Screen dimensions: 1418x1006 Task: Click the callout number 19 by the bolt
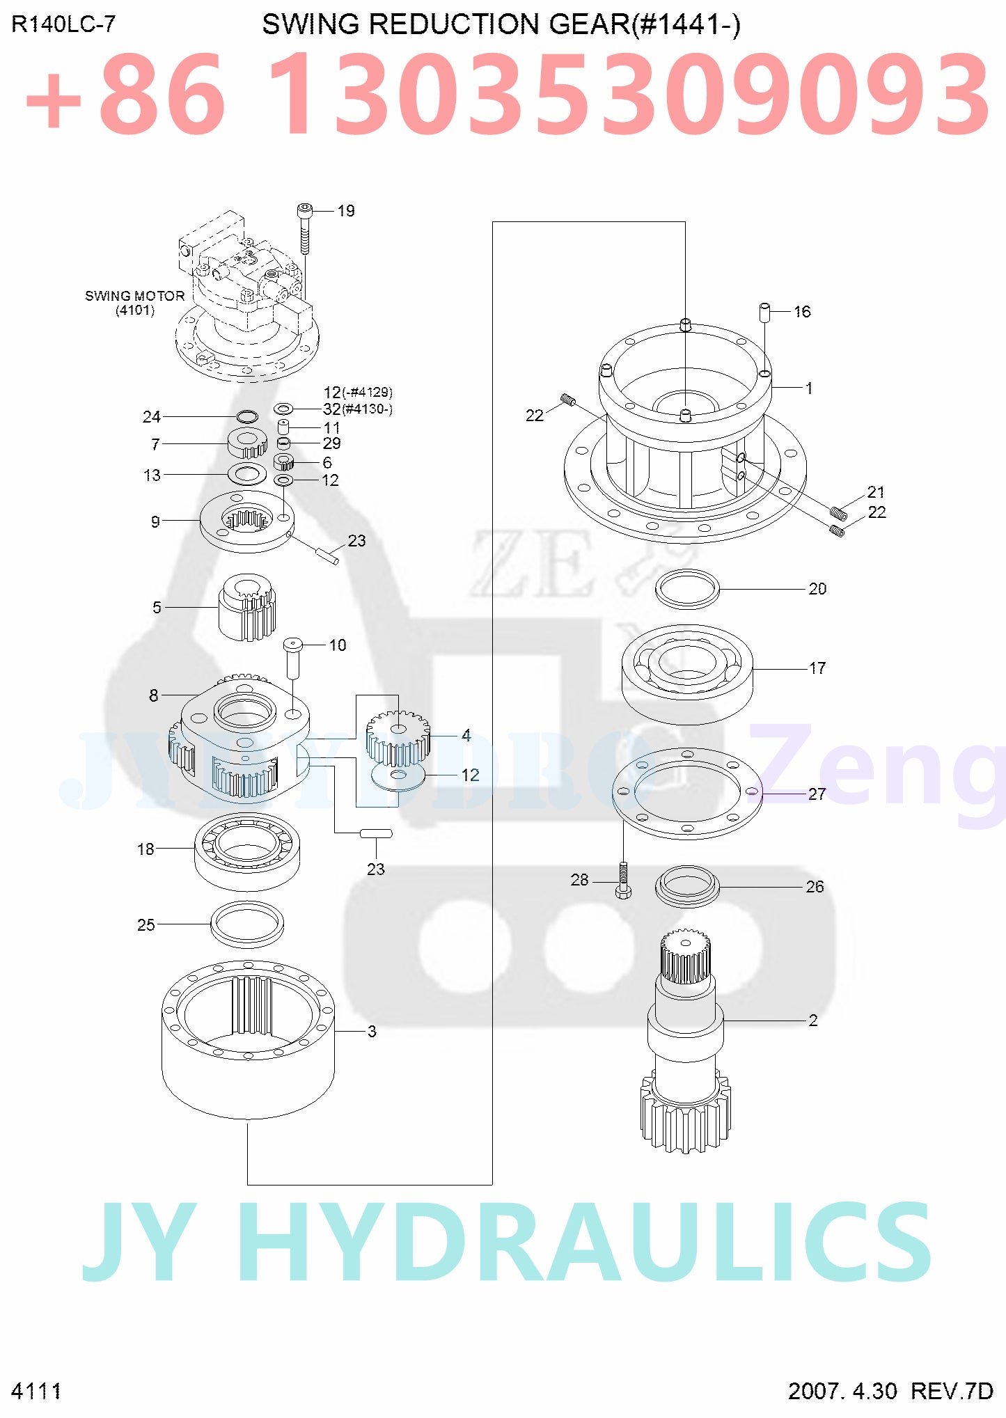pyautogui.click(x=346, y=211)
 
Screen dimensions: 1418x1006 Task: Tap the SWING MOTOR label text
pyautogui.click(x=134, y=296)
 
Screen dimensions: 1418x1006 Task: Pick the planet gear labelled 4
pyautogui.click(x=398, y=738)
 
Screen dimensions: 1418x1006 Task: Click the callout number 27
pyautogui.click(x=817, y=794)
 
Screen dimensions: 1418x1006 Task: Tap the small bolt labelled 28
pyautogui.click(x=623, y=880)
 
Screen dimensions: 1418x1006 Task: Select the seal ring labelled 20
pyautogui.click(x=687, y=589)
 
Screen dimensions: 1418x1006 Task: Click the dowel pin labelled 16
pyautogui.click(x=764, y=311)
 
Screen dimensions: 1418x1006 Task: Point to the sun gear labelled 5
pyautogui.click(x=248, y=606)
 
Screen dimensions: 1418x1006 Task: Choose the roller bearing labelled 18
pyautogui.click(x=247, y=850)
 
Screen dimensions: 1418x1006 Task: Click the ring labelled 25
pyautogui.click(x=247, y=924)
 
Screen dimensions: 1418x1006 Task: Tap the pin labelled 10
pyautogui.click(x=292, y=656)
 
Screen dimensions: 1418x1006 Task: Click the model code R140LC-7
pyautogui.click(x=63, y=24)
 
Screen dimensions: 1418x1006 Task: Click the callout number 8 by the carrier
pyautogui.click(x=154, y=695)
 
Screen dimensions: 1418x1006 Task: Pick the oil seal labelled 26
pyautogui.click(x=687, y=886)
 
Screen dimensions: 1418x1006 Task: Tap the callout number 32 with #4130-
pyautogui.click(x=332, y=409)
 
